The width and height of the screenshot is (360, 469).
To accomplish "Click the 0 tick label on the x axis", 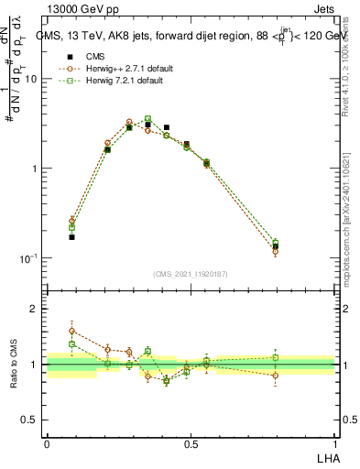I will coord(47,444).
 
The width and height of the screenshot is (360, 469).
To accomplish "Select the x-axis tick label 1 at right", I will coord(334,444).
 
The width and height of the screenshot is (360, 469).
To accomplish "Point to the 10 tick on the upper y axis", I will coord(29,79).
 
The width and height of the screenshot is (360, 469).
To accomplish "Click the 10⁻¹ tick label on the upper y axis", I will coord(27,258).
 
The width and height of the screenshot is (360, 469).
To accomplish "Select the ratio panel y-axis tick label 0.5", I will coord(30,420).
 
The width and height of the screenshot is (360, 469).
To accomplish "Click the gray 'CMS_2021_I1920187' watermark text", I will coord(191,274).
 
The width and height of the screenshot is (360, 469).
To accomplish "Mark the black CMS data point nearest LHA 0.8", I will coord(276,246).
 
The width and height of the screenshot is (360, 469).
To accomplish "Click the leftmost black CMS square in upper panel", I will coord(71,236).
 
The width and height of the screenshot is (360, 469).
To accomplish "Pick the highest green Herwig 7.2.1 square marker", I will coord(147,119).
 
